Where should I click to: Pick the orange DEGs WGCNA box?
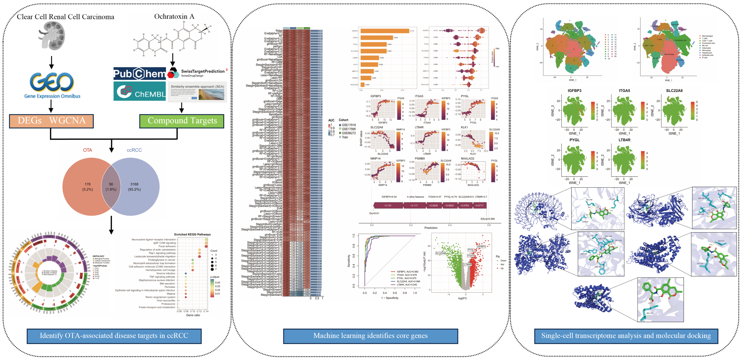coord(51,121)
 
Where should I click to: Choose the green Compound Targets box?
coord(182,121)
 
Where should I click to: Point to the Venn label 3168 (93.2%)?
coord(134,187)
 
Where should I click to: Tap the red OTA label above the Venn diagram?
coord(87,150)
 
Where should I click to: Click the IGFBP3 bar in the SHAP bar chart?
coord(385,31)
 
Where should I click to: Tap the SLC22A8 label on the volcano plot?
coord(440,253)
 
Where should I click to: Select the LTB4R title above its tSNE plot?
coord(624,140)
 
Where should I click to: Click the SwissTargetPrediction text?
coord(203,71)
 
